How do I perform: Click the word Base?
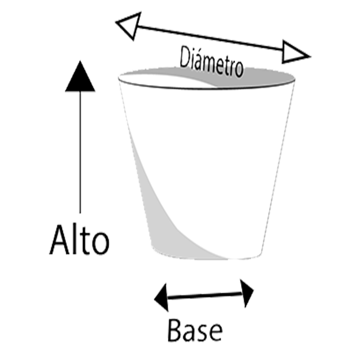(195, 330)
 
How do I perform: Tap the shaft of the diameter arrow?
(210, 38)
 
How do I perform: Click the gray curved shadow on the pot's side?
(161, 218)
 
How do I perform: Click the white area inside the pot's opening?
(161, 80)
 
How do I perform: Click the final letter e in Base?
(216, 333)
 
